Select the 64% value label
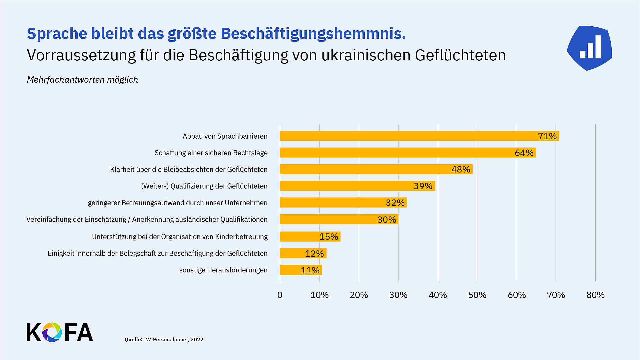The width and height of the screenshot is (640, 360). point(524,153)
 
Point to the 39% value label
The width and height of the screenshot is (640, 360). point(423,186)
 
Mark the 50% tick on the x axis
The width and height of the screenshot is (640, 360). point(477,295)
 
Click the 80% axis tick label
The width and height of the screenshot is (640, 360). point(595,295)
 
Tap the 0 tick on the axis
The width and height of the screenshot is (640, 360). point(280,295)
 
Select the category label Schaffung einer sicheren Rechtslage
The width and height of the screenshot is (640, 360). point(211,153)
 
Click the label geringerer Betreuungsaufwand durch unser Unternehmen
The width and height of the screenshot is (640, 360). point(178,203)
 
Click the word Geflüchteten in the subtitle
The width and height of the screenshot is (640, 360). point(460,55)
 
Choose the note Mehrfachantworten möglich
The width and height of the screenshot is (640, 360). point(82,80)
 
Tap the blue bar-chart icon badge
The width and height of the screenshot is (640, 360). point(590,48)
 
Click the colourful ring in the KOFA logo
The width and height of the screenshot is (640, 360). point(52,332)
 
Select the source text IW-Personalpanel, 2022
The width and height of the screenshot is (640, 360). point(173,340)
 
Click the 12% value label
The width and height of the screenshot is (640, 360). point(314,254)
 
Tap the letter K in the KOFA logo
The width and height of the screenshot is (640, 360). point(33,332)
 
